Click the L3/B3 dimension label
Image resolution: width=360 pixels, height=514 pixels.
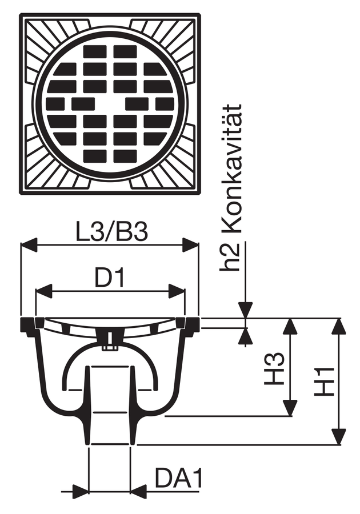(x=112, y=232)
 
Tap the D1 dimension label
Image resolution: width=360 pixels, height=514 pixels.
(x=110, y=278)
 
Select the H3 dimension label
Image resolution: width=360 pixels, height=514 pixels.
(x=274, y=369)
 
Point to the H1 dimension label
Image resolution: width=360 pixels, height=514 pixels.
(x=324, y=382)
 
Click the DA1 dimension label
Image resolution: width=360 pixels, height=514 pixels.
(x=179, y=478)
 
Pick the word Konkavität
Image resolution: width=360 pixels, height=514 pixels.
(x=232, y=168)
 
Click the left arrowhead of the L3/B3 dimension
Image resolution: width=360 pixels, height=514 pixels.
(x=28, y=245)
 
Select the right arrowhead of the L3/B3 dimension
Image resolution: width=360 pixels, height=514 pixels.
(x=190, y=245)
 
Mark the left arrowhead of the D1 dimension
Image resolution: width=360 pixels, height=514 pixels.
(x=44, y=291)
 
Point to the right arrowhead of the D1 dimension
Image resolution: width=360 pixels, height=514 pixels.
(x=177, y=291)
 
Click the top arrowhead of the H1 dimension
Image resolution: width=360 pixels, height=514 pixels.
(x=339, y=326)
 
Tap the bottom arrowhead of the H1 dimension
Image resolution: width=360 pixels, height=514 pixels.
(x=339, y=436)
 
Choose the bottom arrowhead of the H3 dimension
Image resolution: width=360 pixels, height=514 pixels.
(x=290, y=408)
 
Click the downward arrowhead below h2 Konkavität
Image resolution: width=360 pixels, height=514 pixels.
(x=246, y=310)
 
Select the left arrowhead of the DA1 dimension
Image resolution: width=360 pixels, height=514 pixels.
(x=81, y=491)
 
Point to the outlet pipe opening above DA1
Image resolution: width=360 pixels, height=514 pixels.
(x=110, y=444)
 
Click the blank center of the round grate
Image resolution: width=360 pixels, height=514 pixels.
(x=110, y=105)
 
